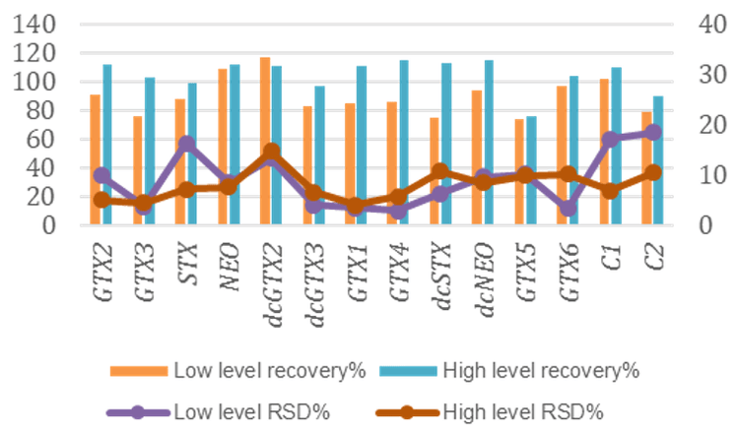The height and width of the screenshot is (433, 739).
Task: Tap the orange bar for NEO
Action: pos(223,147)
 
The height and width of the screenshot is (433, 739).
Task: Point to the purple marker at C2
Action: pos(652,132)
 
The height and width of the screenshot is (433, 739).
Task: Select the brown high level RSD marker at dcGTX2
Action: pos(272,153)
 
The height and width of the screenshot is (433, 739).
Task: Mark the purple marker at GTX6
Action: pos(567,209)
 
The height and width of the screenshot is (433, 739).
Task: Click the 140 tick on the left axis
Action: pos(37,25)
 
